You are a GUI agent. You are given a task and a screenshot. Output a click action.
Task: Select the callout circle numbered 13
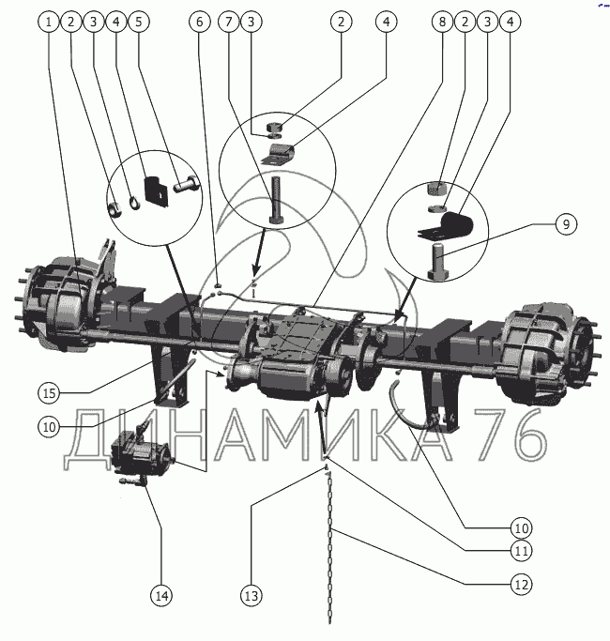(x=252, y=595)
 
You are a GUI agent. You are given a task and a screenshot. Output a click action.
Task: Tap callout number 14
(x=161, y=595)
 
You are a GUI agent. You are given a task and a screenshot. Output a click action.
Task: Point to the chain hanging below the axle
(x=330, y=544)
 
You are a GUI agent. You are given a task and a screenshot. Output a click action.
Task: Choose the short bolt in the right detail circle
(x=438, y=258)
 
